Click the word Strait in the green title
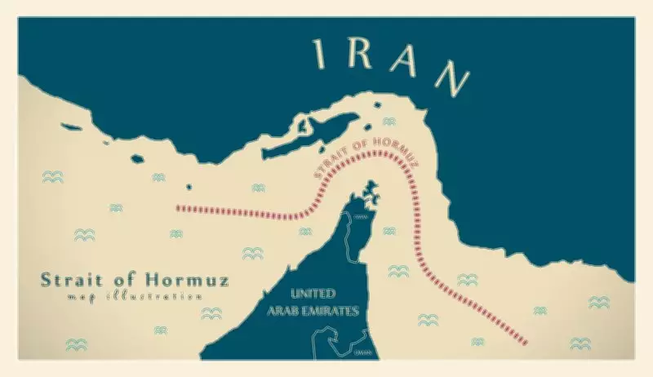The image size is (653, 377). point(73,280)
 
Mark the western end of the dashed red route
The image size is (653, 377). point(178,207)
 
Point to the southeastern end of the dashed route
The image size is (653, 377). point(526,340)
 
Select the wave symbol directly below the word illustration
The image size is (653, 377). point(211,313)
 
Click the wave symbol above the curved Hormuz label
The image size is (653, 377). point(389,122)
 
